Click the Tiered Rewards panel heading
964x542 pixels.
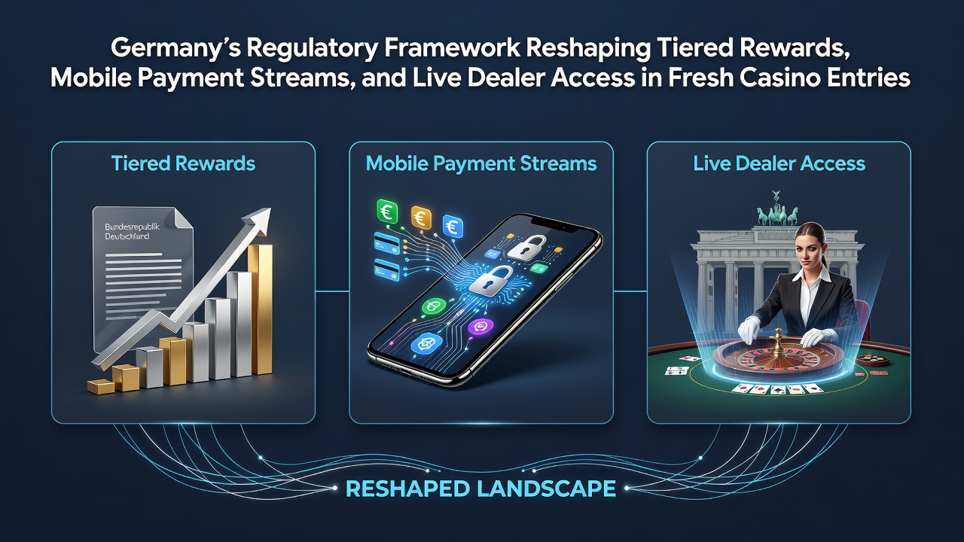pos(183,164)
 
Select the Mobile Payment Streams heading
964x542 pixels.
pos(481,164)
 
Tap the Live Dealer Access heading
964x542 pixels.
pos(779,164)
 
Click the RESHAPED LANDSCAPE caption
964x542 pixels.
pos(480,489)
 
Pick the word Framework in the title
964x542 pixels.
pos(451,47)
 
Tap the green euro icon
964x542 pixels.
pos(387,212)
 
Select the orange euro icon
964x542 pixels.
pos(421,218)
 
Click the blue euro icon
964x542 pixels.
pos(453,227)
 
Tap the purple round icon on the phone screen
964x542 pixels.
pos(480,326)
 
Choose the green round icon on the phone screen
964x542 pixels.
pos(434,306)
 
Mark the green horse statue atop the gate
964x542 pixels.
pos(777,214)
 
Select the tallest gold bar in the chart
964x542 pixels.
pos(260,309)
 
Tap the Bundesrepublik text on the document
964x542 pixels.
pos(132,227)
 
